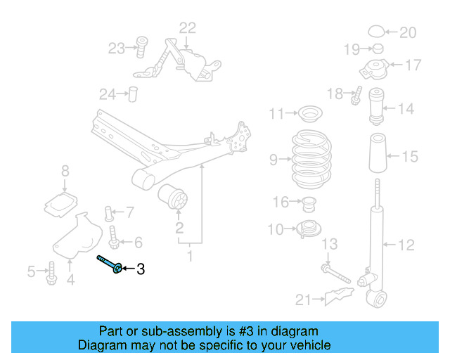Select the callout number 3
tap(140, 269)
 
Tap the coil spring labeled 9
tap(311, 160)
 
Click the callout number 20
tap(408, 32)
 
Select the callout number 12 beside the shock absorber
tap(407, 245)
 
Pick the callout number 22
tap(188, 28)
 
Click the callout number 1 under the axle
tap(189, 257)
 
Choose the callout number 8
tap(65, 170)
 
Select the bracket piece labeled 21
tap(336, 297)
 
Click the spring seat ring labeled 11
tap(308, 113)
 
